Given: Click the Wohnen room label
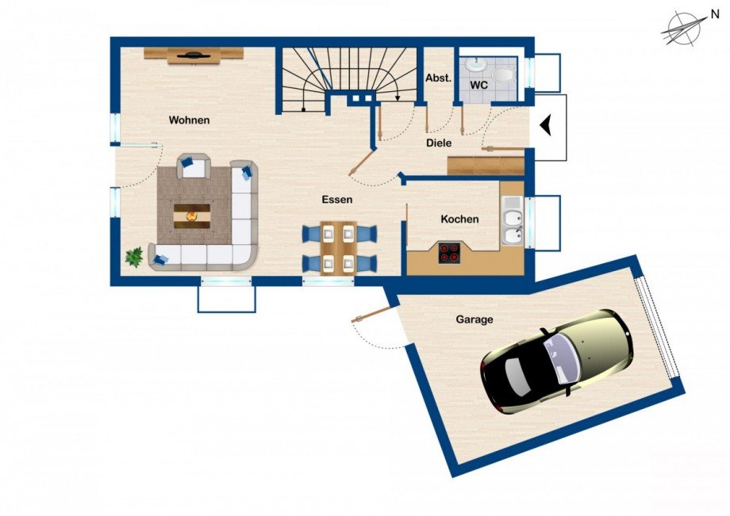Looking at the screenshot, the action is point(189,120).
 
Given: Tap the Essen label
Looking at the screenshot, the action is point(337,200).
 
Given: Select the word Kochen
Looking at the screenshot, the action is point(459,219).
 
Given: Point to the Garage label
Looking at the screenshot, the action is point(474,319).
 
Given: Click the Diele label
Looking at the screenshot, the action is point(439,143).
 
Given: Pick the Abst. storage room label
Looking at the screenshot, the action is point(439,78).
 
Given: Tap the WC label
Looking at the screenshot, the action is point(478,85).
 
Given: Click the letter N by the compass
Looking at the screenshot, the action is point(715,15).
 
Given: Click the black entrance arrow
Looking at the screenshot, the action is point(546,124).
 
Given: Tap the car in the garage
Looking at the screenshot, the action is point(556,361).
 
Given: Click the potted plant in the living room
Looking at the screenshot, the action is point(134,257).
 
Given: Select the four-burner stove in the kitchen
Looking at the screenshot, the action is point(449,254).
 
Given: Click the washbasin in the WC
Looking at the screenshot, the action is point(474,64).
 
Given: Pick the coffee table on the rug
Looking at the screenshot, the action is point(192,216).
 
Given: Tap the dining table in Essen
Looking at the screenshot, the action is point(339,247).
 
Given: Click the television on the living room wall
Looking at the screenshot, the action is point(193,55).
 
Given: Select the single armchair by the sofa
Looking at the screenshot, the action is point(194,166).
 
